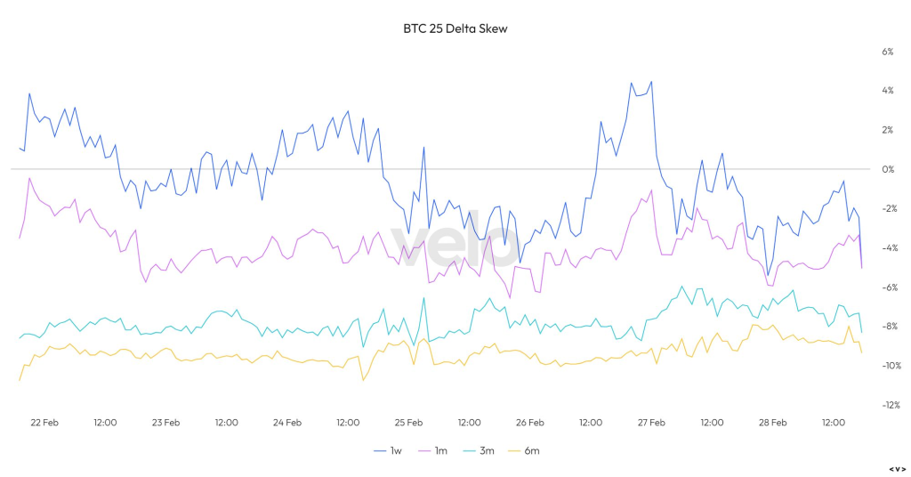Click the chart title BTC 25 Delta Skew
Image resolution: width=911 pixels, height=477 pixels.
[x=455, y=28]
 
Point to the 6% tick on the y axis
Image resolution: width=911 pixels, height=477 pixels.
[x=887, y=52]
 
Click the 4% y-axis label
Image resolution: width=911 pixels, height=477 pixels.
[x=887, y=91]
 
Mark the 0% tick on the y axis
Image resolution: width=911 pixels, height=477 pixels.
[x=887, y=169]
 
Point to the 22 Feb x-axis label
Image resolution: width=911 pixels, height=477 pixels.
[x=44, y=423]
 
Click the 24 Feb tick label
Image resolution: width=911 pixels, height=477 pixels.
[x=287, y=423]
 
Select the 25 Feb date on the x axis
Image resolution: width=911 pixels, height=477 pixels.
[x=408, y=423]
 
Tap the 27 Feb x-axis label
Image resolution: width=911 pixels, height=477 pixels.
[x=651, y=423]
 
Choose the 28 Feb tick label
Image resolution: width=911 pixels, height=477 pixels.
[x=772, y=423]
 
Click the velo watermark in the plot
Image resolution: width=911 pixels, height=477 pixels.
[x=455, y=243]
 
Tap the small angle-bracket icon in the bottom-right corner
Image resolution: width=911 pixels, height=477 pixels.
[x=897, y=468]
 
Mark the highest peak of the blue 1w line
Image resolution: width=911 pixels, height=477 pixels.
[x=651, y=81]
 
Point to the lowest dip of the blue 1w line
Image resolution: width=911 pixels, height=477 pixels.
[x=768, y=276]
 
